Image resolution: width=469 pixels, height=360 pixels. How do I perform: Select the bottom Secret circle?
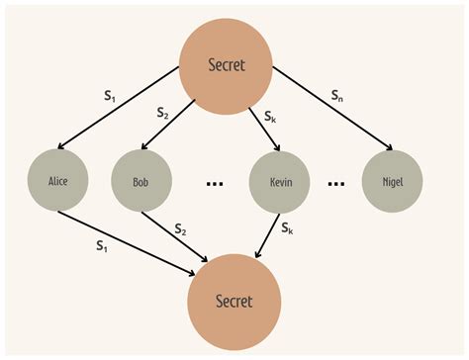tap(234, 301)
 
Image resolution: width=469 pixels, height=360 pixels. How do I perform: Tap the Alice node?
tap(59, 181)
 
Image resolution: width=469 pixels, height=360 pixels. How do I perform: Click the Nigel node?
tap(393, 182)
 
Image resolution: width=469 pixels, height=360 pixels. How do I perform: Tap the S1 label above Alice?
tap(111, 97)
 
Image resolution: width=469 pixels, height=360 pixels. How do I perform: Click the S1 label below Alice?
tap(101, 243)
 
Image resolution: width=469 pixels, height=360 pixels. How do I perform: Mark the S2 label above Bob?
tap(163, 113)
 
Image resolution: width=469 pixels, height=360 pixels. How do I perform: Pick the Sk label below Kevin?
tap(287, 228)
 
